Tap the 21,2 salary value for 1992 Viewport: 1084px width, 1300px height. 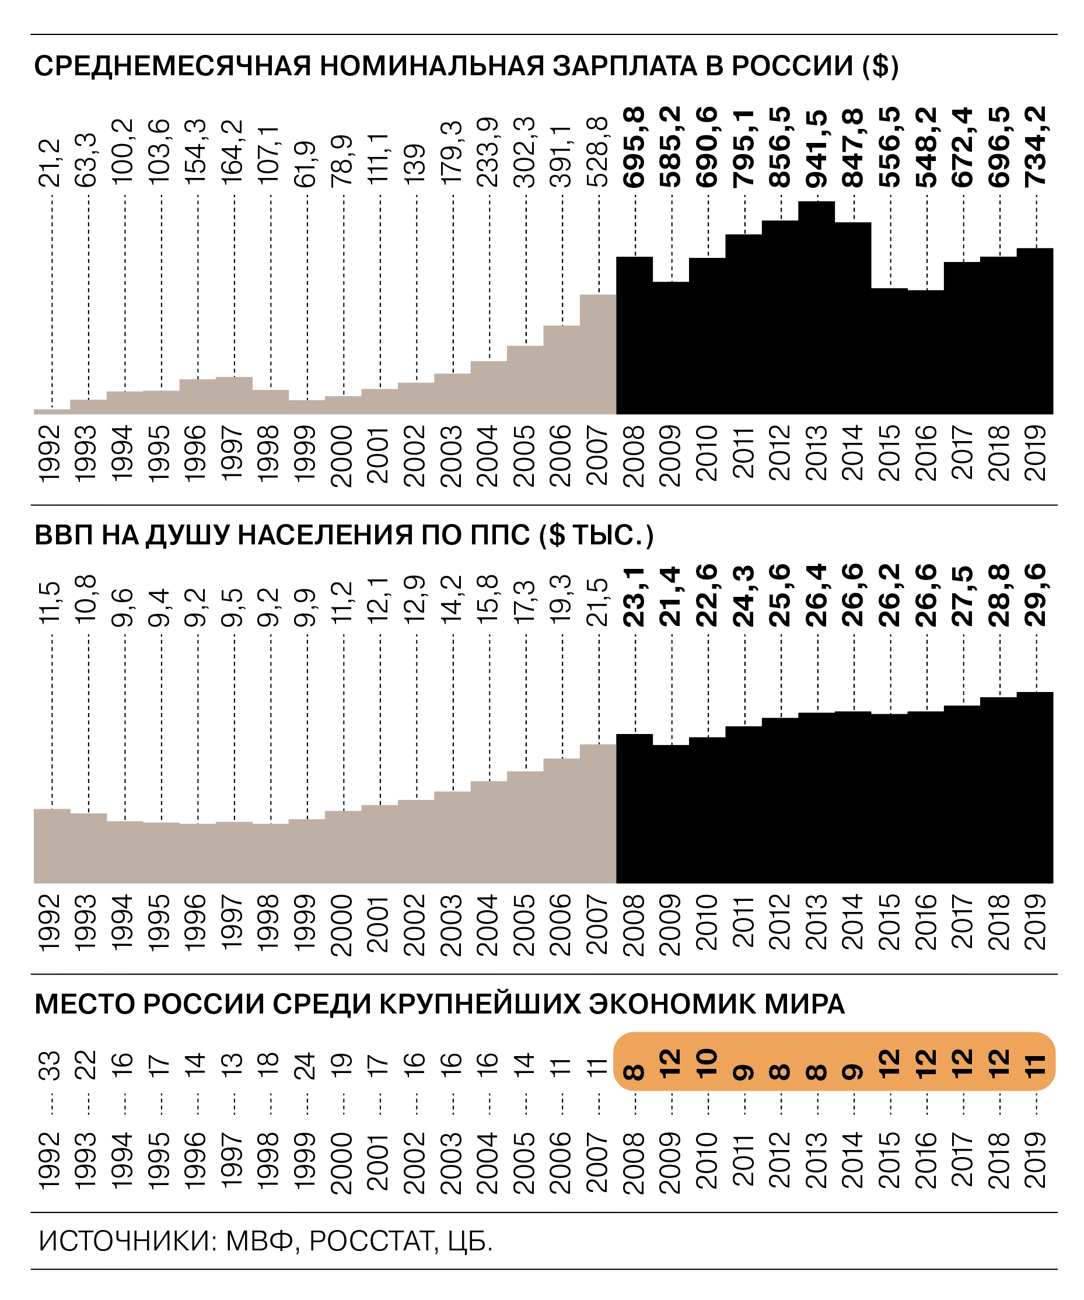(51, 163)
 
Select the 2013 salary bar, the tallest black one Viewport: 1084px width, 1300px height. (817, 309)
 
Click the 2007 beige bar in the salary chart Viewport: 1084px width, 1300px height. (598, 356)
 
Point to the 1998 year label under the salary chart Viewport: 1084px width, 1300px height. (270, 453)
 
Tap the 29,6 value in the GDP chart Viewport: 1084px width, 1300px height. (1036, 595)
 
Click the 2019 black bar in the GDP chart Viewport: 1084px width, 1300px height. (1035, 789)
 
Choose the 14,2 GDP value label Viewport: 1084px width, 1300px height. (452, 599)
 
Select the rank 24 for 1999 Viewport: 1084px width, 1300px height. (306, 1066)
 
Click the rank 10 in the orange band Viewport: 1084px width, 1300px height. (707, 1065)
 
